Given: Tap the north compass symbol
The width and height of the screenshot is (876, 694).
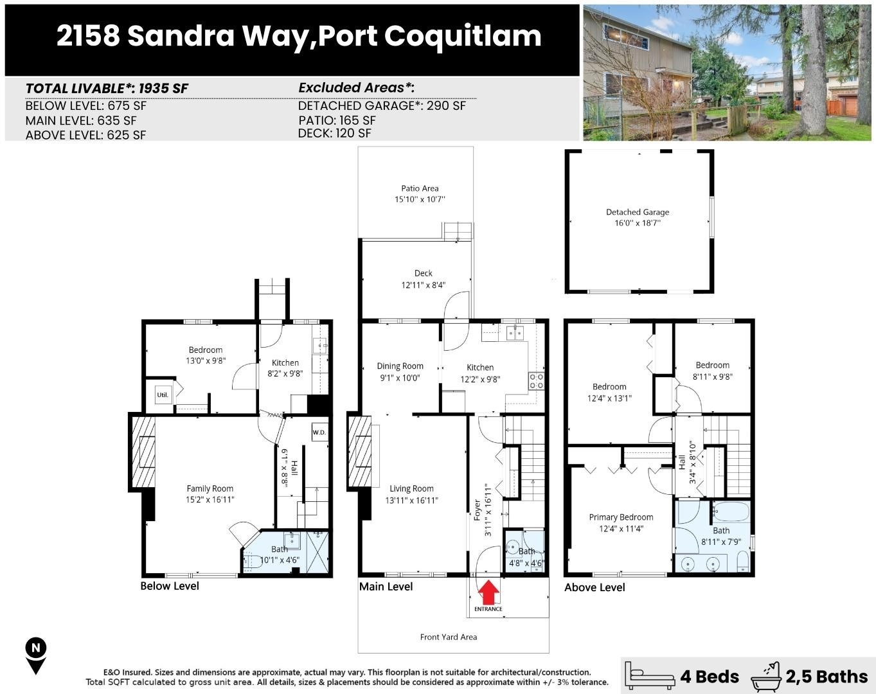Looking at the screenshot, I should (36, 655).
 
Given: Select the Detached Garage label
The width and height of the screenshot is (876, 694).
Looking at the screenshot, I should (637, 212).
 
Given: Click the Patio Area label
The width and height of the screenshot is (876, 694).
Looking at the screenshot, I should (420, 188).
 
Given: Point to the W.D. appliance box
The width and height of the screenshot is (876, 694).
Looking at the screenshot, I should (319, 432).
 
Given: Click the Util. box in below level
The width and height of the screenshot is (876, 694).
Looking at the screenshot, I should (163, 395).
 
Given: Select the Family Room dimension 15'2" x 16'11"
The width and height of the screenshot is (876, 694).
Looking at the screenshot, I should (210, 499).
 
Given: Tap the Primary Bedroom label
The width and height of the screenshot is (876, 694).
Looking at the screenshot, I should (621, 517).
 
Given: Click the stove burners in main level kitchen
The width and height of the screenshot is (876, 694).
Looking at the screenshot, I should (536, 381).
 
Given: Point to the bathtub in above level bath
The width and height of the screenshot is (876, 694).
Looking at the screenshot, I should (731, 512).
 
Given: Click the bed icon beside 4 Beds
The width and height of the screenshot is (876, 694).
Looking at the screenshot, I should (650, 676).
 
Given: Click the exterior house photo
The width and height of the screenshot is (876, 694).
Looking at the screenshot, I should (727, 73).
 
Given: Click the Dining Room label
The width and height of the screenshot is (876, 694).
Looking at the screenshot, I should (400, 366).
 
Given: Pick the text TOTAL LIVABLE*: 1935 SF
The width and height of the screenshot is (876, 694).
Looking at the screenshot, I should (107, 88).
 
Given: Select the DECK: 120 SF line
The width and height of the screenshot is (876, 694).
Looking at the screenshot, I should (334, 133).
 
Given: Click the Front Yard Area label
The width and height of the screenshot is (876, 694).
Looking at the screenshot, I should (448, 637).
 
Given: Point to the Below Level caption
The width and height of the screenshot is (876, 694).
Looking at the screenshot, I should (170, 586).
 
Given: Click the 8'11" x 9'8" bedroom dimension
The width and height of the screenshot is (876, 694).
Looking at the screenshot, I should (712, 377).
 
